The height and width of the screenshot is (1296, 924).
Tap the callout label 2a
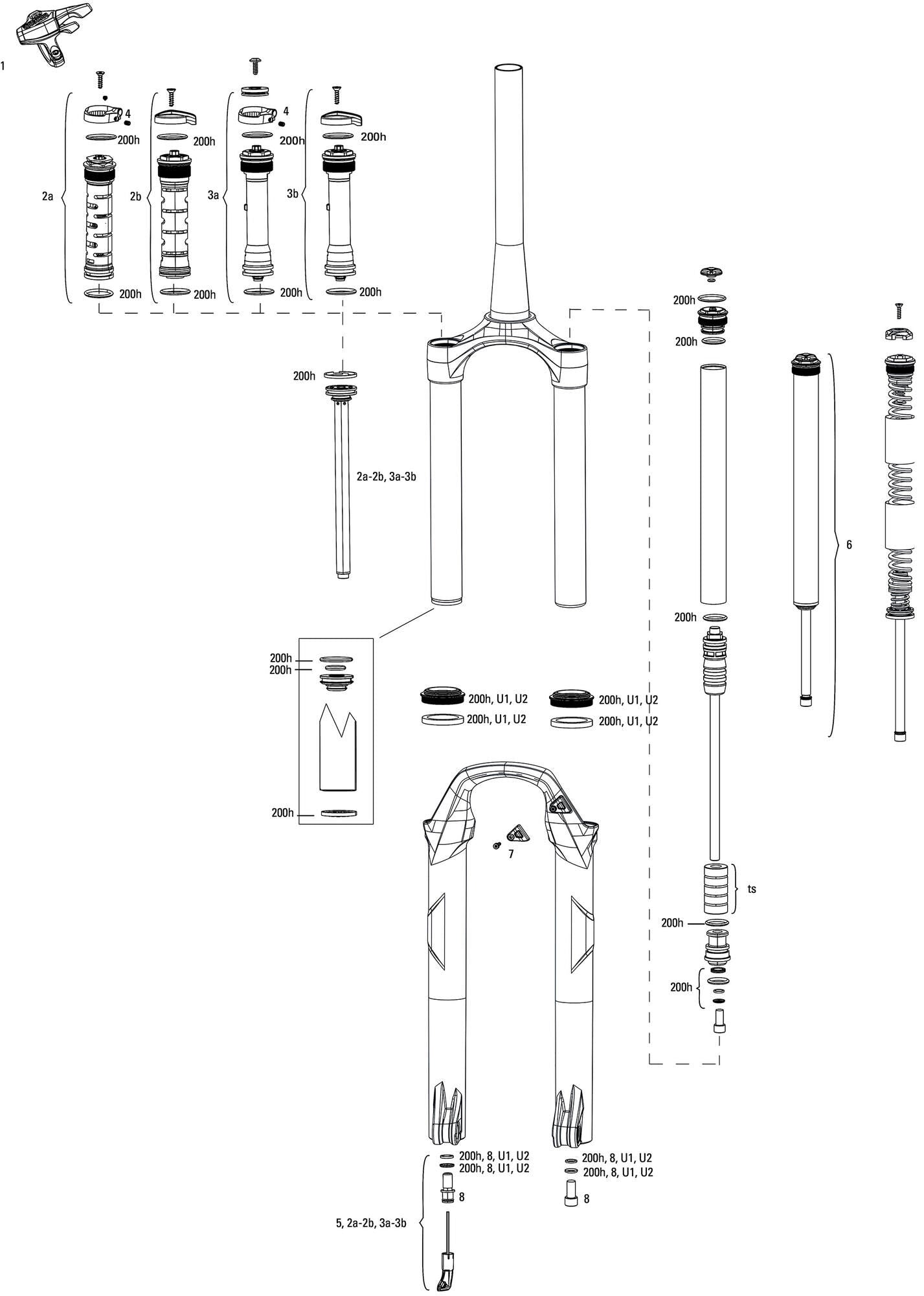point(47,196)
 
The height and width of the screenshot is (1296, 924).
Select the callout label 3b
point(293,194)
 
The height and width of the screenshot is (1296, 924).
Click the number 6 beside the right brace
point(849,544)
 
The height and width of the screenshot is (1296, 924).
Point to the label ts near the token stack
point(752,889)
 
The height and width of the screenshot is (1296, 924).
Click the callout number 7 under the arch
point(511,854)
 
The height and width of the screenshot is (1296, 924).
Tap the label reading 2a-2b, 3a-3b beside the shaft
point(386,476)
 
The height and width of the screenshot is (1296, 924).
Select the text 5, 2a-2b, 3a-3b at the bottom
point(371,1223)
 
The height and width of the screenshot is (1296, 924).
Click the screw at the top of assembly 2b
point(172,97)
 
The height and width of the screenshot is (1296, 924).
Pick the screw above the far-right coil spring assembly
point(898,311)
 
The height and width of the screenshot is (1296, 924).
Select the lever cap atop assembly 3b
point(342,118)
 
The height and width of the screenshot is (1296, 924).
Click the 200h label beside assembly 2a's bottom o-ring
point(130,294)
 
